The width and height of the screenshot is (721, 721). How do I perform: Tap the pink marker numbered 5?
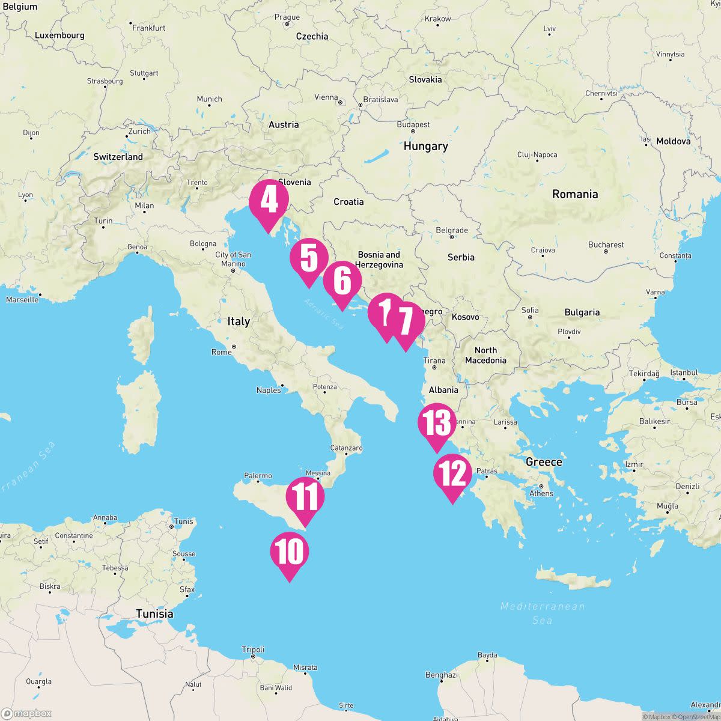(309, 259)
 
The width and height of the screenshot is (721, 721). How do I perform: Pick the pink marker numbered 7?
(406, 321)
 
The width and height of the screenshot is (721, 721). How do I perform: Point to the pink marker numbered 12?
(452, 474)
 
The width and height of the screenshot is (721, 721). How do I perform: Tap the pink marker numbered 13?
(437, 424)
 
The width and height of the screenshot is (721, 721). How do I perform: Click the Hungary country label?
(425, 146)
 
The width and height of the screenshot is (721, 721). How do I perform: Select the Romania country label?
(575, 194)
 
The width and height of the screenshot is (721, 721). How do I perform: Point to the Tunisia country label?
(154, 613)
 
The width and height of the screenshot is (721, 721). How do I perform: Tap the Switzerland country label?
(118, 157)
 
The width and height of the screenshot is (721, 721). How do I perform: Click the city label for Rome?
(221, 351)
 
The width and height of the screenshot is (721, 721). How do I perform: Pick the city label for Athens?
(541, 493)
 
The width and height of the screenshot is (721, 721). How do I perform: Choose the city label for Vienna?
(326, 97)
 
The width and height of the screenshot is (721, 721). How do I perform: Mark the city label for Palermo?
(258, 476)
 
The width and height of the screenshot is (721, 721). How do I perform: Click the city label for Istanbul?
(684, 373)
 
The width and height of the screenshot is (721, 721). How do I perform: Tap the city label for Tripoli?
(253, 650)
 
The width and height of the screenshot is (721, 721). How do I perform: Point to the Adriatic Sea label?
(324, 314)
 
